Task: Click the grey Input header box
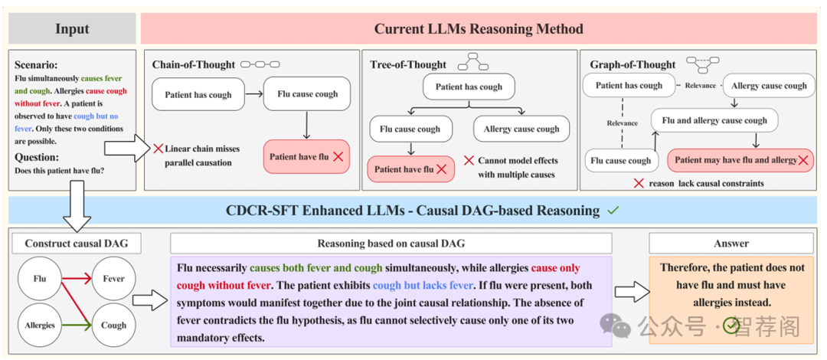pos(72,29)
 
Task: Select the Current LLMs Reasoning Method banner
pos(479,29)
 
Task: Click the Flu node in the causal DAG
pos(40,279)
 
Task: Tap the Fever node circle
pos(113,279)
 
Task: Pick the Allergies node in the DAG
pos(40,325)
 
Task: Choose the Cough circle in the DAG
pos(113,325)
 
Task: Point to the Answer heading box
pos(731,244)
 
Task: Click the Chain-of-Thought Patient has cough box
pos(198,95)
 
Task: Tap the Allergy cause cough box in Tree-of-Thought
pos(521,129)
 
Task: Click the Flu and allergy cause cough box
pos(714,120)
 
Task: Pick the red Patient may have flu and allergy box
pos(740,160)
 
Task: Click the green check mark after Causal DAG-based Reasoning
pos(613,210)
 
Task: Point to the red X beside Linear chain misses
pos(158,148)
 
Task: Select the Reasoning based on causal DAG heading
pos(391,244)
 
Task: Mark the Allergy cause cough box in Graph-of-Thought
pos(769,86)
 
